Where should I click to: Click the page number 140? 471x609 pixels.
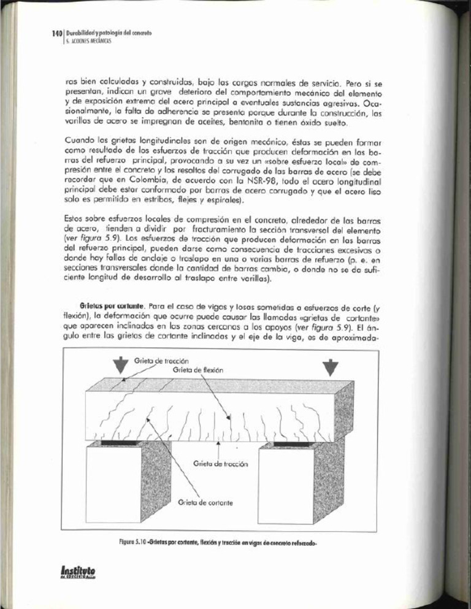[x=56, y=30]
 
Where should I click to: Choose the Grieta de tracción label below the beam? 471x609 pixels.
[x=220, y=464]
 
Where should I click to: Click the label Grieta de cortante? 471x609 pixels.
[x=205, y=503]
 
